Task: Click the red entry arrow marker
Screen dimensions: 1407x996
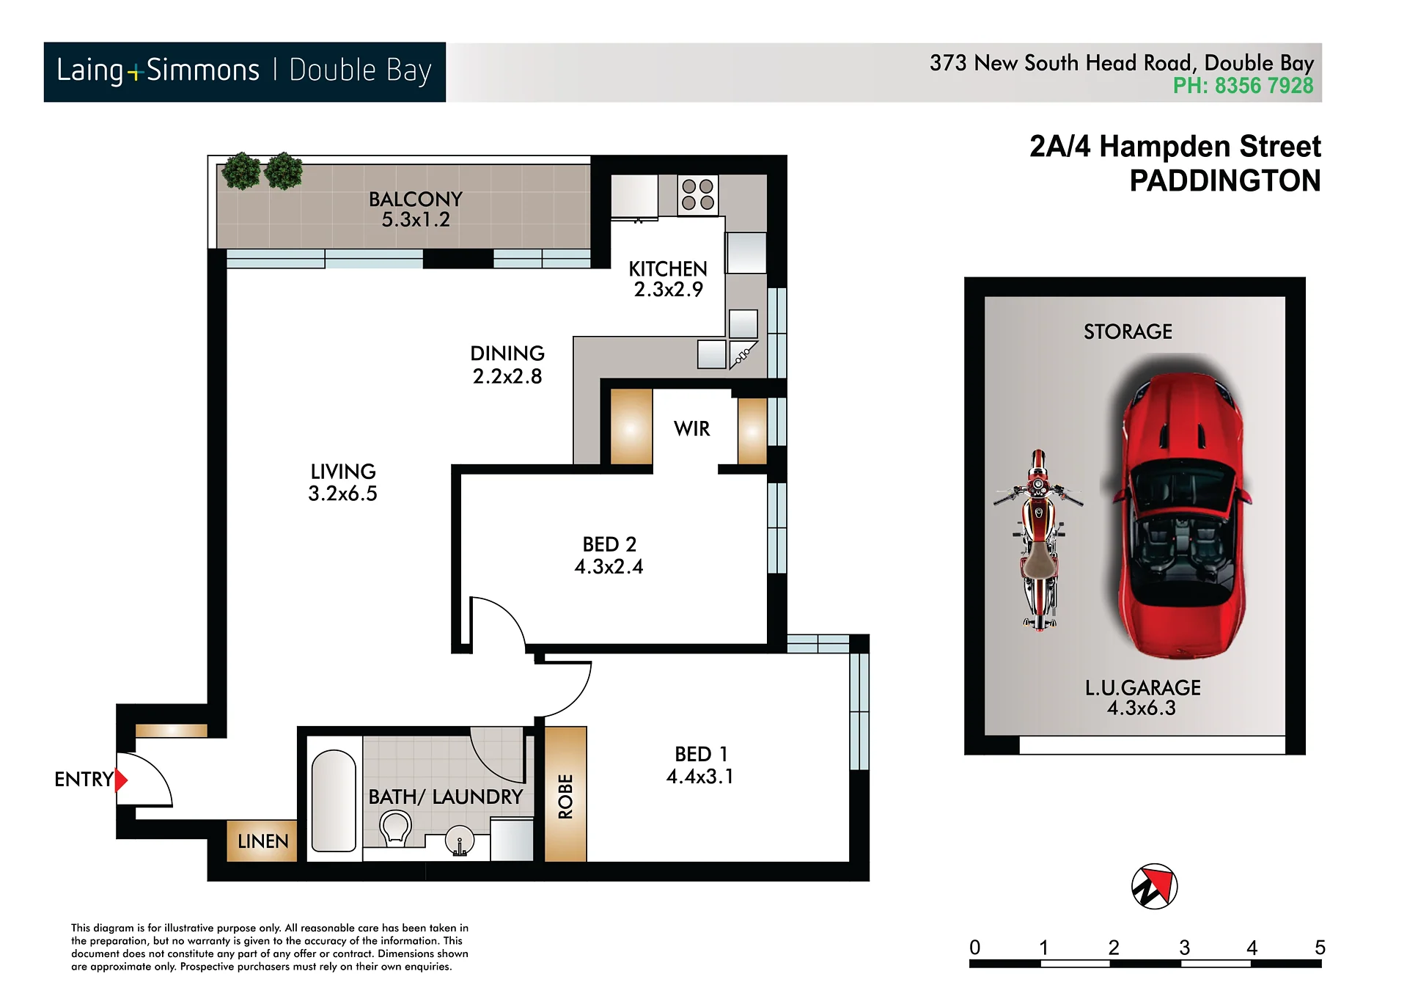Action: pos(121,780)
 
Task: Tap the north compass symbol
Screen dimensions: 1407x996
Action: pos(1154,886)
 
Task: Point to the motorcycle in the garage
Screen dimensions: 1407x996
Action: pos(1038,540)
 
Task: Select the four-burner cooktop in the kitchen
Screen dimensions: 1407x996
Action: pos(697,195)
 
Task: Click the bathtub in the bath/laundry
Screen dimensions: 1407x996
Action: pos(334,801)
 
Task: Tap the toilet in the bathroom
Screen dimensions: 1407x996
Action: pos(395,828)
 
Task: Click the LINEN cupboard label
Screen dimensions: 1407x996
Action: pos(262,841)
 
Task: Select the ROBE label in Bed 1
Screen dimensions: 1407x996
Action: pos(565,796)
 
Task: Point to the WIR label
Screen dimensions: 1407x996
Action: pos(692,429)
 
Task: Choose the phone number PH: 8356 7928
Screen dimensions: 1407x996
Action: pos(1243,86)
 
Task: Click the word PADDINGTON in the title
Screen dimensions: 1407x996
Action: pos(1225,180)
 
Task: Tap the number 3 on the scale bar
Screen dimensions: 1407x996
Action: pos(1184,948)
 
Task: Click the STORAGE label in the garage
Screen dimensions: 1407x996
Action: pos(1128,332)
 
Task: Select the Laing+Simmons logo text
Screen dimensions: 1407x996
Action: pos(158,70)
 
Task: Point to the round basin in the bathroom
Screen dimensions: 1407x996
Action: pos(460,842)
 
